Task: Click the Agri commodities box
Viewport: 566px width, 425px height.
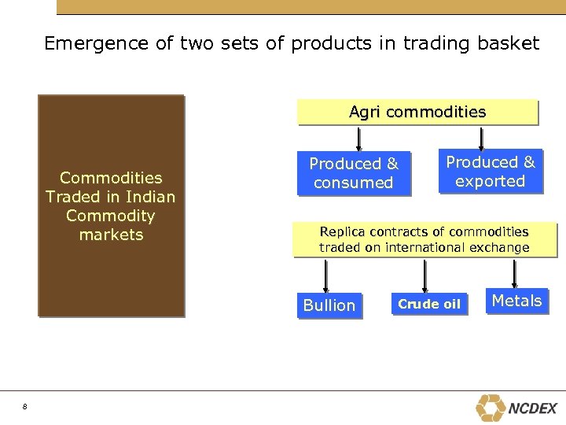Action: (417, 113)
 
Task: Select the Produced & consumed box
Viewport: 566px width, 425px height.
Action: (354, 173)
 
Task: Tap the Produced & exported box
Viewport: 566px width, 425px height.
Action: (491, 172)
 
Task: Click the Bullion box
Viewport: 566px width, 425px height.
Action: (329, 305)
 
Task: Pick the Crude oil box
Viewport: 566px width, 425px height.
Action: (429, 305)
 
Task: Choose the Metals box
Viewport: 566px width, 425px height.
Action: (516, 301)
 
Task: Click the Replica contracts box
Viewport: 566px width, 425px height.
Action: (424, 240)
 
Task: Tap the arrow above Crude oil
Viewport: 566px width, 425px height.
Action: (425, 275)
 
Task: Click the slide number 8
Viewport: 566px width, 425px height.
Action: (25, 406)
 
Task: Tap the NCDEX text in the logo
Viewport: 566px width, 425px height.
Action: (533, 408)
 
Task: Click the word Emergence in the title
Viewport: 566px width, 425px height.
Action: (97, 43)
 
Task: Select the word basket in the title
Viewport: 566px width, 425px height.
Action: (507, 43)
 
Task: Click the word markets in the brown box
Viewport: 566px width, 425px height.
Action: (111, 235)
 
